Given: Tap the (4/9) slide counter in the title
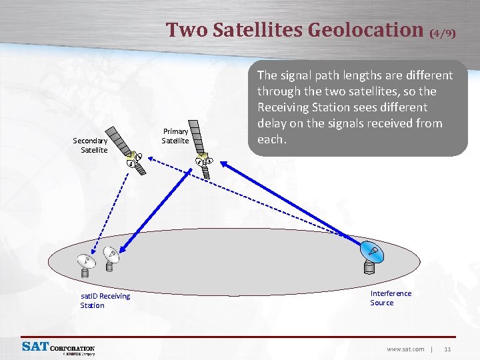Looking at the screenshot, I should pyautogui.click(x=443, y=32).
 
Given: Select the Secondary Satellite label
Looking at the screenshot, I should pyautogui.click(x=90, y=145).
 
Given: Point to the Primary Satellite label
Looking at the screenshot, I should pyautogui.click(x=175, y=136).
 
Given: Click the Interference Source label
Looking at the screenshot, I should pyautogui.click(x=391, y=298).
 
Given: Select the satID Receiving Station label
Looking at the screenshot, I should pyautogui.click(x=105, y=300).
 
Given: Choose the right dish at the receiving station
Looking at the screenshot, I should pyautogui.click(x=111, y=257).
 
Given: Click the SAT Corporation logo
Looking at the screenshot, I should pyautogui.click(x=58, y=348).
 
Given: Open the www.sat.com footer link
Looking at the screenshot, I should pyautogui.click(x=405, y=349).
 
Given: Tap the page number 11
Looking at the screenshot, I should pyautogui.click(x=447, y=349).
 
